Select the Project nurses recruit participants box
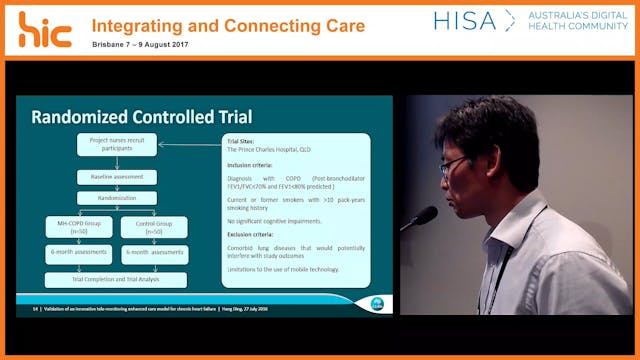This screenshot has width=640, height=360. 117,145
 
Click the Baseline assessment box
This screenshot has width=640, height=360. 117,177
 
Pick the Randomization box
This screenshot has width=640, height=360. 117,198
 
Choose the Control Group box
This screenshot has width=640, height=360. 155,227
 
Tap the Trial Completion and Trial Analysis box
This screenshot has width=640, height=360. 116,280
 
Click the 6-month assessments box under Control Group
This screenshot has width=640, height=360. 155,255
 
